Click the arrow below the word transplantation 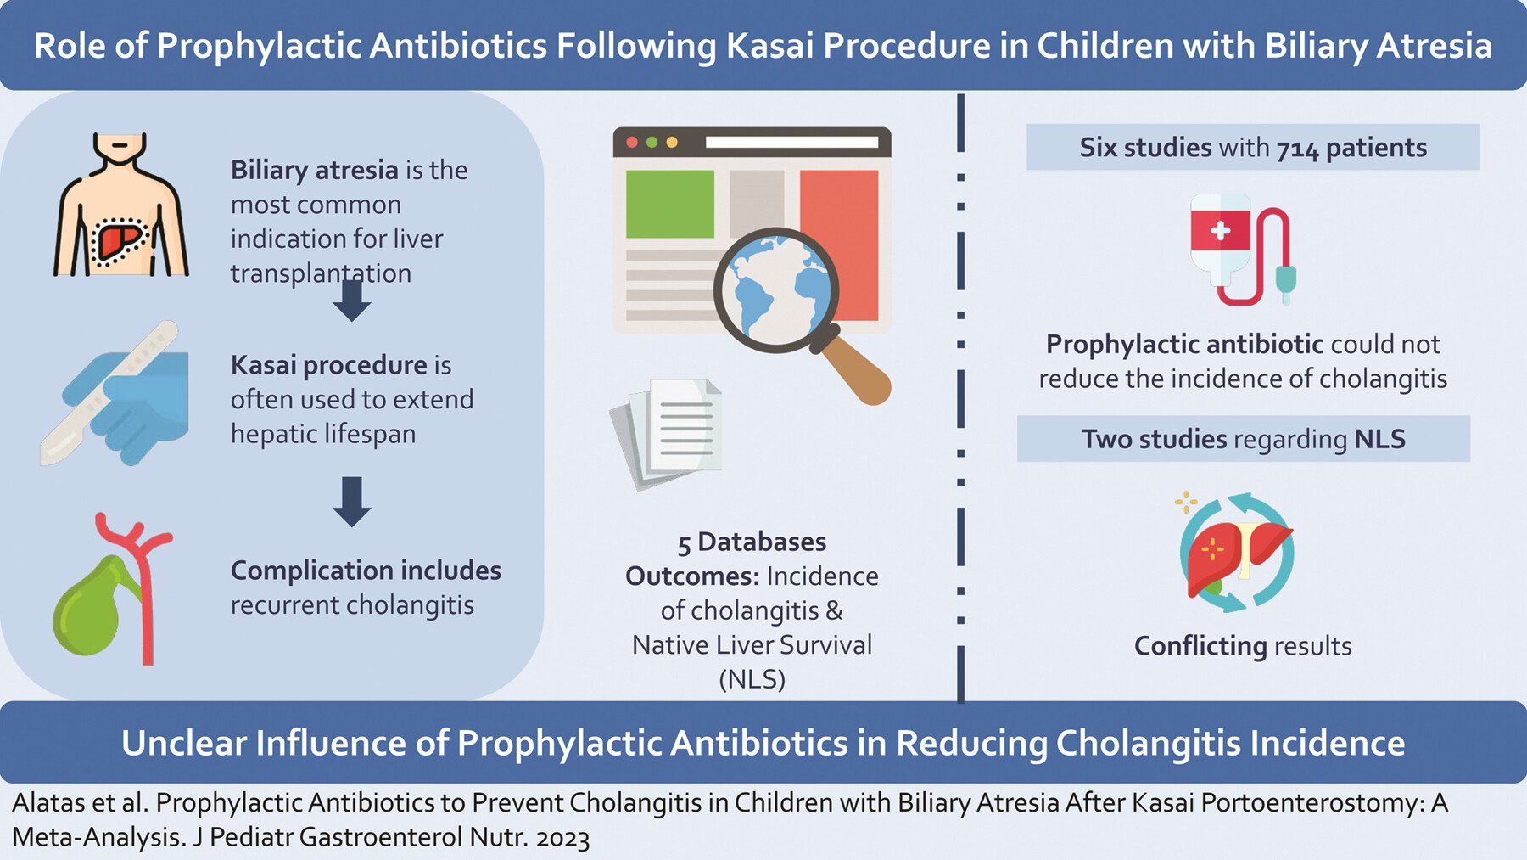point(351,301)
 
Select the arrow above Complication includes point(351,502)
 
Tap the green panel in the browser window point(670,204)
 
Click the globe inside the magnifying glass point(775,289)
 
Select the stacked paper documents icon point(667,433)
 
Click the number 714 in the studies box point(1297,149)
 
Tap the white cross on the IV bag point(1220,230)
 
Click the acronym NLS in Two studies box point(1379,439)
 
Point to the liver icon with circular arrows point(1236,552)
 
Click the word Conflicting point(1200,646)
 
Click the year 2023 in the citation point(562,838)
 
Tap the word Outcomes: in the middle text point(692,576)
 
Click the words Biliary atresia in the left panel point(314,171)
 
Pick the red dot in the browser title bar point(632,143)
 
